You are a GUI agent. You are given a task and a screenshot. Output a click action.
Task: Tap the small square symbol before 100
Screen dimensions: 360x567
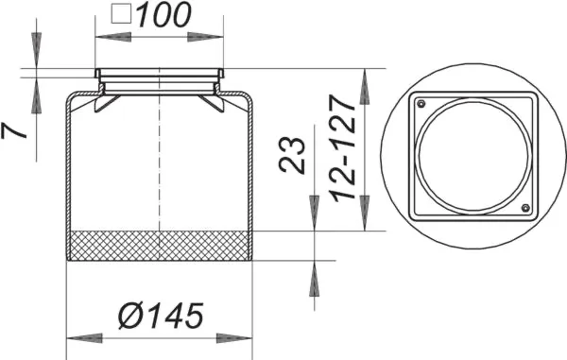click(121, 14)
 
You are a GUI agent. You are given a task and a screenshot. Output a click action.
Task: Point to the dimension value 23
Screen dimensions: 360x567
click(295, 153)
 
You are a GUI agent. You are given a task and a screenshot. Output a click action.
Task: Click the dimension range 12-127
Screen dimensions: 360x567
click(346, 151)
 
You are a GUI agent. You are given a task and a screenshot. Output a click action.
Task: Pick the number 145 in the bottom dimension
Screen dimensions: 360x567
click(176, 316)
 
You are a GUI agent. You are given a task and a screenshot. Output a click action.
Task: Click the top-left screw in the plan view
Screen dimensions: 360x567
click(421, 104)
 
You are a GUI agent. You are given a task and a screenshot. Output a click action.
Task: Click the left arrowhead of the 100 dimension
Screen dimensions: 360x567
click(106, 36)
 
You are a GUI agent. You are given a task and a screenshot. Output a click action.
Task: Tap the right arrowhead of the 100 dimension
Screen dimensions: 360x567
click(211, 36)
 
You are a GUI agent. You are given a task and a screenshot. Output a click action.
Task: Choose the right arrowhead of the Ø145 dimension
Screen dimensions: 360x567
click(240, 337)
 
